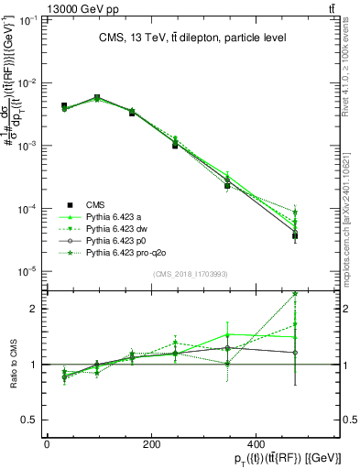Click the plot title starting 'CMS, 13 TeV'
pyautogui.click(x=186, y=38)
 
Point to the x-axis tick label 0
pyautogui.click(x=47, y=444)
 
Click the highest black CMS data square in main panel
pyautogui.click(x=97, y=97)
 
